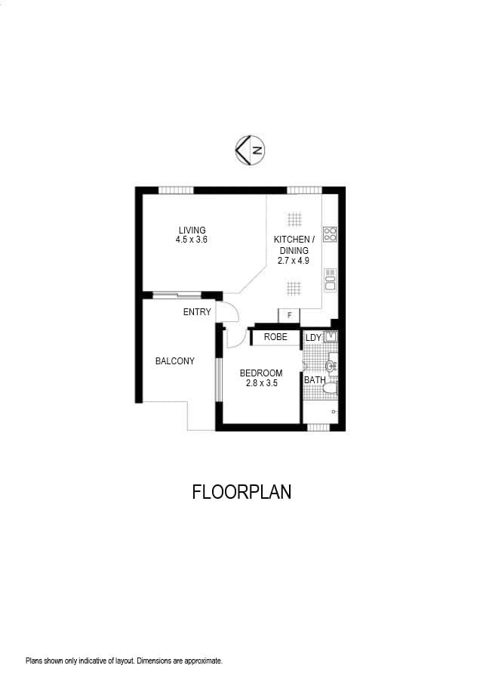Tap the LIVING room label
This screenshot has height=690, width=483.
pos(192,231)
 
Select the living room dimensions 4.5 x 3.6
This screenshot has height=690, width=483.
pos(192,240)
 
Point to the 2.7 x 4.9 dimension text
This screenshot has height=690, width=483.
pos(294,261)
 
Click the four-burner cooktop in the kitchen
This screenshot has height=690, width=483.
pos(330,234)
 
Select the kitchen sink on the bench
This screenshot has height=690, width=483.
pos(330,280)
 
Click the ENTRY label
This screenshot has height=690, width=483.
pos(197,312)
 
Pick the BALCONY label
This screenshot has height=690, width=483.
pos(174,361)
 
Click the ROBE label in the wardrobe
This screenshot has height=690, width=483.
pos(275,337)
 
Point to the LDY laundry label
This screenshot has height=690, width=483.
pos(313,338)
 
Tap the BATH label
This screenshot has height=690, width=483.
pos(315,380)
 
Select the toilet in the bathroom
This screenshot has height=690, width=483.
pos(330,388)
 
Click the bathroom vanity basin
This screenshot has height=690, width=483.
pos(331,366)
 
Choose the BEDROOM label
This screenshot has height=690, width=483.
pos(261,373)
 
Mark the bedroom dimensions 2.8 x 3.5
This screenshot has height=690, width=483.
pos(261,383)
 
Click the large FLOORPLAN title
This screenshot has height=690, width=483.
pos(241,492)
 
